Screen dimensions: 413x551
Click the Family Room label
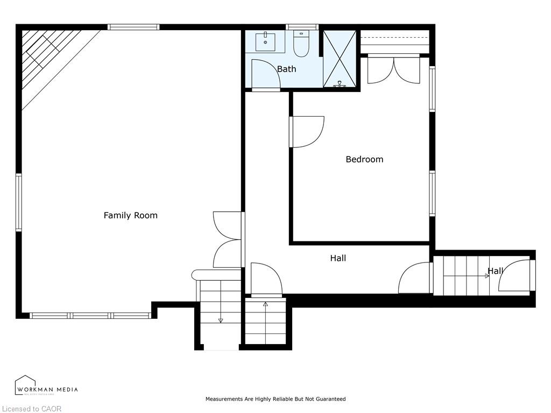point(130,215)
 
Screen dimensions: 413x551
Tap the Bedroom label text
point(364,159)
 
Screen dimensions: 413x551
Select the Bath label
point(286,69)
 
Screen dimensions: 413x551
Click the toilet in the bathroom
point(300,45)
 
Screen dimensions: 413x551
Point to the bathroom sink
point(265,40)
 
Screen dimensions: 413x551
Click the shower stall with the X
point(340,58)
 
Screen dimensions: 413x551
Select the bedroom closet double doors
point(393,70)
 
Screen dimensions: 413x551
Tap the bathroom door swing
point(265,74)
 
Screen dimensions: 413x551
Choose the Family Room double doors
point(228,240)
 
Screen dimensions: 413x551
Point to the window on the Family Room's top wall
point(133,27)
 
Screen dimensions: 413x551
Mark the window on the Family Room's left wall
point(19,202)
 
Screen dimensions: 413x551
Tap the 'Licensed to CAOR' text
point(31,409)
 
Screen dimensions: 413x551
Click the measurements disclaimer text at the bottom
point(275,399)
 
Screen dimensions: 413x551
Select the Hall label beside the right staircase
point(495,270)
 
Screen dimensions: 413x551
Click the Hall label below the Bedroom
point(338,258)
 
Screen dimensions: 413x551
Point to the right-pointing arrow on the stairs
point(486,275)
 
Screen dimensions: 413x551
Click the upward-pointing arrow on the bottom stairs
point(265,304)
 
